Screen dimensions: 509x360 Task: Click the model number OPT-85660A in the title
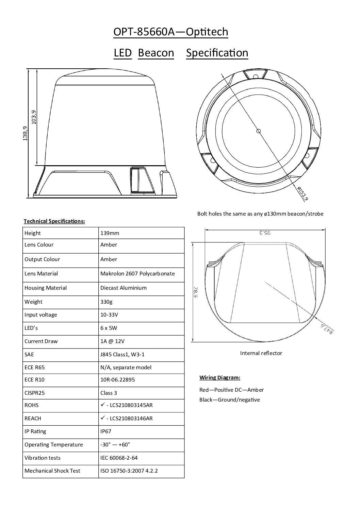(144, 32)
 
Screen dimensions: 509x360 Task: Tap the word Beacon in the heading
(156, 53)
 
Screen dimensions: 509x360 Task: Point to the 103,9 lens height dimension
(33, 117)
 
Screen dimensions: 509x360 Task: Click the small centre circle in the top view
(258, 131)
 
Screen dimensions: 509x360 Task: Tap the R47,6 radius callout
(328, 329)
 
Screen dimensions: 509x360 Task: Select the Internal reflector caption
(261, 353)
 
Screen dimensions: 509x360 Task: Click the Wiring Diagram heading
(219, 377)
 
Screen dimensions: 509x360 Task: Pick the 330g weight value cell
(107, 302)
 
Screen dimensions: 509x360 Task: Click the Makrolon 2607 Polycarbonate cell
(137, 273)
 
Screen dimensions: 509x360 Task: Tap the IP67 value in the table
(106, 431)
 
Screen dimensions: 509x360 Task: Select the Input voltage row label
(41, 315)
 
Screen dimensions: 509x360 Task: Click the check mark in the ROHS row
(102, 405)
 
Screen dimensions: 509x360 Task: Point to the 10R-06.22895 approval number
(117, 379)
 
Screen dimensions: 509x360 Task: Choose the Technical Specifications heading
(54, 221)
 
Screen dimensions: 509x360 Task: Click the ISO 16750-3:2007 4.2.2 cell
(129, 471)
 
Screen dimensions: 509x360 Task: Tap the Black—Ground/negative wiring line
(229, 400)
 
